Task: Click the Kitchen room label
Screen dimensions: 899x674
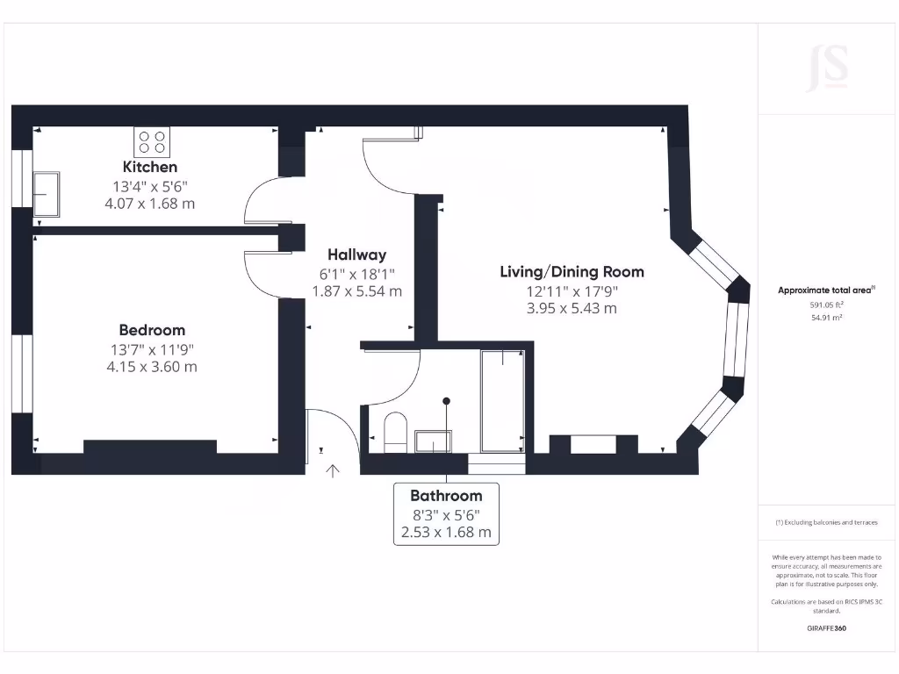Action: [x=149, y=167]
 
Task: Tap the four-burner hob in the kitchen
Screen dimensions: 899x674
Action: [x=152, y=142]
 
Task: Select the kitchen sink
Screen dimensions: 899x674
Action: [x=46, y=194]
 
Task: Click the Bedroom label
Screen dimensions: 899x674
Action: [x=152, y=330]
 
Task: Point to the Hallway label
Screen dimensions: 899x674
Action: [x=356, y=255]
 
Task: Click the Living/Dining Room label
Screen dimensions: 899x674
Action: [x=572, y=272]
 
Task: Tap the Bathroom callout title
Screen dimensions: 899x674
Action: [x=446, y=496]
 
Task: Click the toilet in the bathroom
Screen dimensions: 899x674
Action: [x=395, y=432]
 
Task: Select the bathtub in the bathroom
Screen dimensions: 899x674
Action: [x=503, y=401]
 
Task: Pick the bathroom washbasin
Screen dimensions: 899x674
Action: [x=433, y=441]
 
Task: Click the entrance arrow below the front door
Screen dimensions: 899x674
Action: [x=333, y=470]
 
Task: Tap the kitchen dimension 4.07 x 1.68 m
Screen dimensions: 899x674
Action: [x=149, y=204]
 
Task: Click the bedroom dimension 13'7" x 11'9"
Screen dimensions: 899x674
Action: [x=152, y=349]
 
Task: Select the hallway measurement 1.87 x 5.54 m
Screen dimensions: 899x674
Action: [x=356, y=291]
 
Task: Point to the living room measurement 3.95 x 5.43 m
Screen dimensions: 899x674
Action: [x=572, y=308]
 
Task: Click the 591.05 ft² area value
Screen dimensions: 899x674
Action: [x=826, y=305]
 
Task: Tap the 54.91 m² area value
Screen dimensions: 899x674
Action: [x=826, y=318]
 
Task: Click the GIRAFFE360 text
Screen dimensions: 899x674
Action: [x=826, y=628]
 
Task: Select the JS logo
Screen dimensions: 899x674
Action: [x=828, y=68]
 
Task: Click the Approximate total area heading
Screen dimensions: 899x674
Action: [x=826, y=290]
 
